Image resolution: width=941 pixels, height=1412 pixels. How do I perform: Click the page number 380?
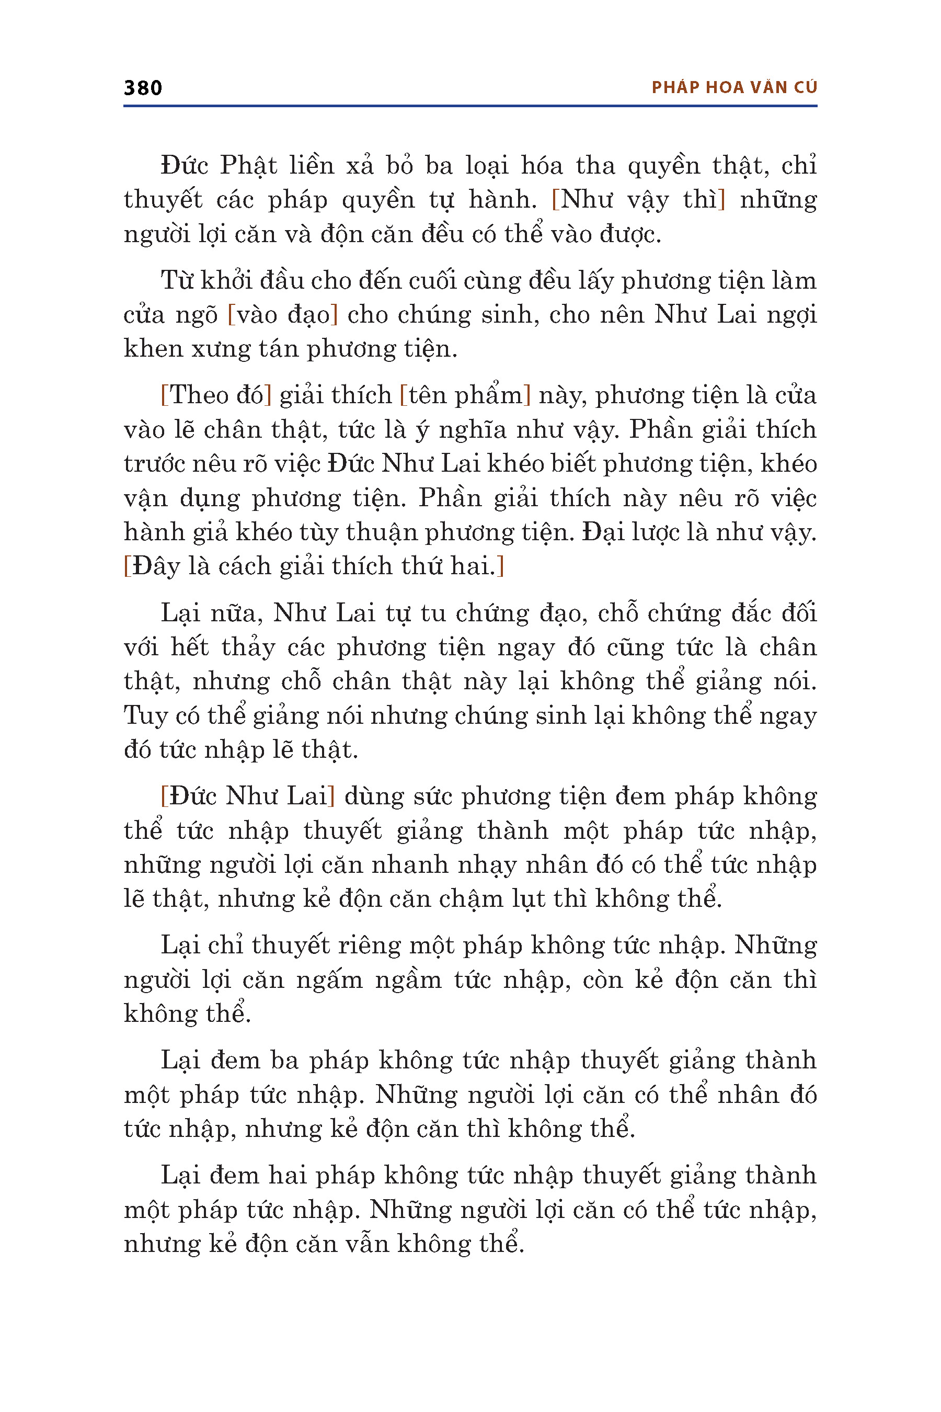pyautogui.click(x=143, y=88)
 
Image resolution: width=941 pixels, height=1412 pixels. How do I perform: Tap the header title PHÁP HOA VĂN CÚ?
pyautogui.click(x=734, y=88)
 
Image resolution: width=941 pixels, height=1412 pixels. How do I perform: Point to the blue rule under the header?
pyautogui.click(x=470, y=106)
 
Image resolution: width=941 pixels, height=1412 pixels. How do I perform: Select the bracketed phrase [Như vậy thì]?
pyautogui.click(x=638, y=199)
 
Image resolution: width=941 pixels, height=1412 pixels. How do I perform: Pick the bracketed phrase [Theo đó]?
pyautogui.click(x=216, y=395)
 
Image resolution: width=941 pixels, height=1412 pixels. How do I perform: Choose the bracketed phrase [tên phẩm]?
pyautogui.click(x=465, y=395)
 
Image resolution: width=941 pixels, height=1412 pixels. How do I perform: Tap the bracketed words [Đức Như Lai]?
pyautogui.click(x=247, y=796)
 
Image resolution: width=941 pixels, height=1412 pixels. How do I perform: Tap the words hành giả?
pyautogui.click(x=174, y=532)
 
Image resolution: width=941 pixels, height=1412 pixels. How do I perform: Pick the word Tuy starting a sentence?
pyautogui.click(x=145, y=715)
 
